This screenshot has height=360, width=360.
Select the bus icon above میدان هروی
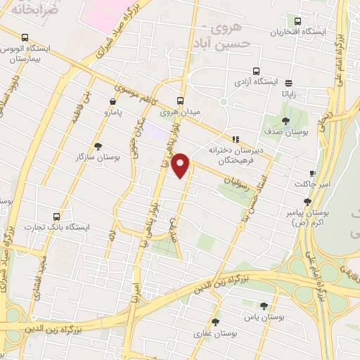(180, 100)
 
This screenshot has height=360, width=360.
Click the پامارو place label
(110, 112)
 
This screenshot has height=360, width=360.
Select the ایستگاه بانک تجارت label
(65, 227)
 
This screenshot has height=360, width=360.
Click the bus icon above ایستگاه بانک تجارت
(65, 216)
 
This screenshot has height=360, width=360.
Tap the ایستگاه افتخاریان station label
(299, 33)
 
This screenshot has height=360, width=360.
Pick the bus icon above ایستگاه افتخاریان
(298, 22)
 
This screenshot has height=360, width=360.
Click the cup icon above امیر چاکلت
(312, 173)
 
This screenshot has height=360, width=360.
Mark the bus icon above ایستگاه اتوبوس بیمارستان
(25, 37)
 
